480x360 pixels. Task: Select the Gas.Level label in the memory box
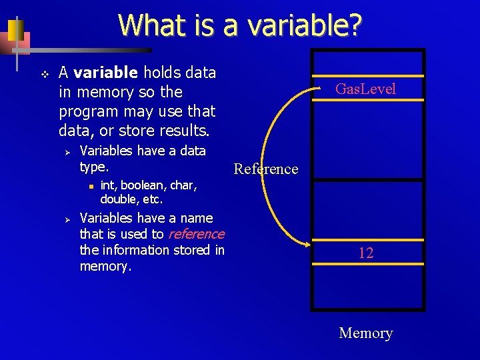click(x=365, y=89)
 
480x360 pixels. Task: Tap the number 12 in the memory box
click(x=365, y=253)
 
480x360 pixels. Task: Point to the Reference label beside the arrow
click(x=266, y=169)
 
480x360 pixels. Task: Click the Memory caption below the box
click(x=366, y=333)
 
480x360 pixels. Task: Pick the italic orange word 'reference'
click(x=197, y=234)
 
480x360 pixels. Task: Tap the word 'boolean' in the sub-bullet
click(x=143, y=186)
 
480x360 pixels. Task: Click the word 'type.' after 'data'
click(x=94, y=167)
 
